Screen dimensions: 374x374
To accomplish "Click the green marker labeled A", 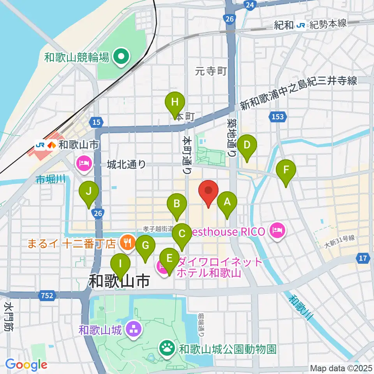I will tap(227, 202).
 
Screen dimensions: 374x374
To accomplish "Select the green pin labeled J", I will tap(89, 192).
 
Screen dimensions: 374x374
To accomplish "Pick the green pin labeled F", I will tap(286, 170).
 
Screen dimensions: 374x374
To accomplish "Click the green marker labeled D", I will tap(247, 145).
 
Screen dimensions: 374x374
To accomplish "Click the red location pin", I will tap(208, 191).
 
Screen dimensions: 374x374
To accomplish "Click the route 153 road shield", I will tap(279, 116).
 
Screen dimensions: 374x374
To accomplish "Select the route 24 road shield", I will tap(250, 5).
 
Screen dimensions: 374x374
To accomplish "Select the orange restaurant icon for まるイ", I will tap(127, 243).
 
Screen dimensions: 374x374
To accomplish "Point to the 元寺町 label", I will tap(211, 71).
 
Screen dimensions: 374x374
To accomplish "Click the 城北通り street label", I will tap(126, 165).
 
